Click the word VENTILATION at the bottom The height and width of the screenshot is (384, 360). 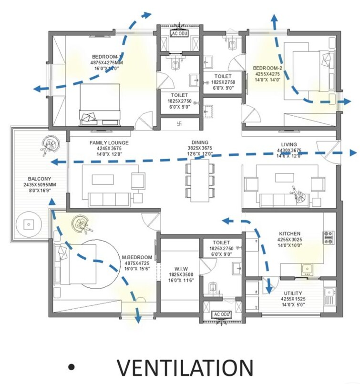pyautogui.click(x=185, y=367)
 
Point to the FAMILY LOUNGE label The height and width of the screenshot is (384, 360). pyautogui.click(x=109, y=142)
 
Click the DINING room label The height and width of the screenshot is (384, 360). pyautogui.click(x=200, y=142)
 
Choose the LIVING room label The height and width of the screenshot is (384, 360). pyautogui.click(x=289, y=144)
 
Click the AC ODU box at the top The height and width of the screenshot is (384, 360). pyautogui.click(x=180, y=34)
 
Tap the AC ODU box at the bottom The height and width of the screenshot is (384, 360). pyautogui.click(x=221, y=314)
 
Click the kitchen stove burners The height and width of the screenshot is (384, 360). pyautogui.click(x=329, y=237)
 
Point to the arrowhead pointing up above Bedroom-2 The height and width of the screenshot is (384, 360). pyautogui.click(x=275, y=18)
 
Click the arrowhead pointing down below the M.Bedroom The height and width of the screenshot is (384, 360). pyautogui.click(x=138, y=320)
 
